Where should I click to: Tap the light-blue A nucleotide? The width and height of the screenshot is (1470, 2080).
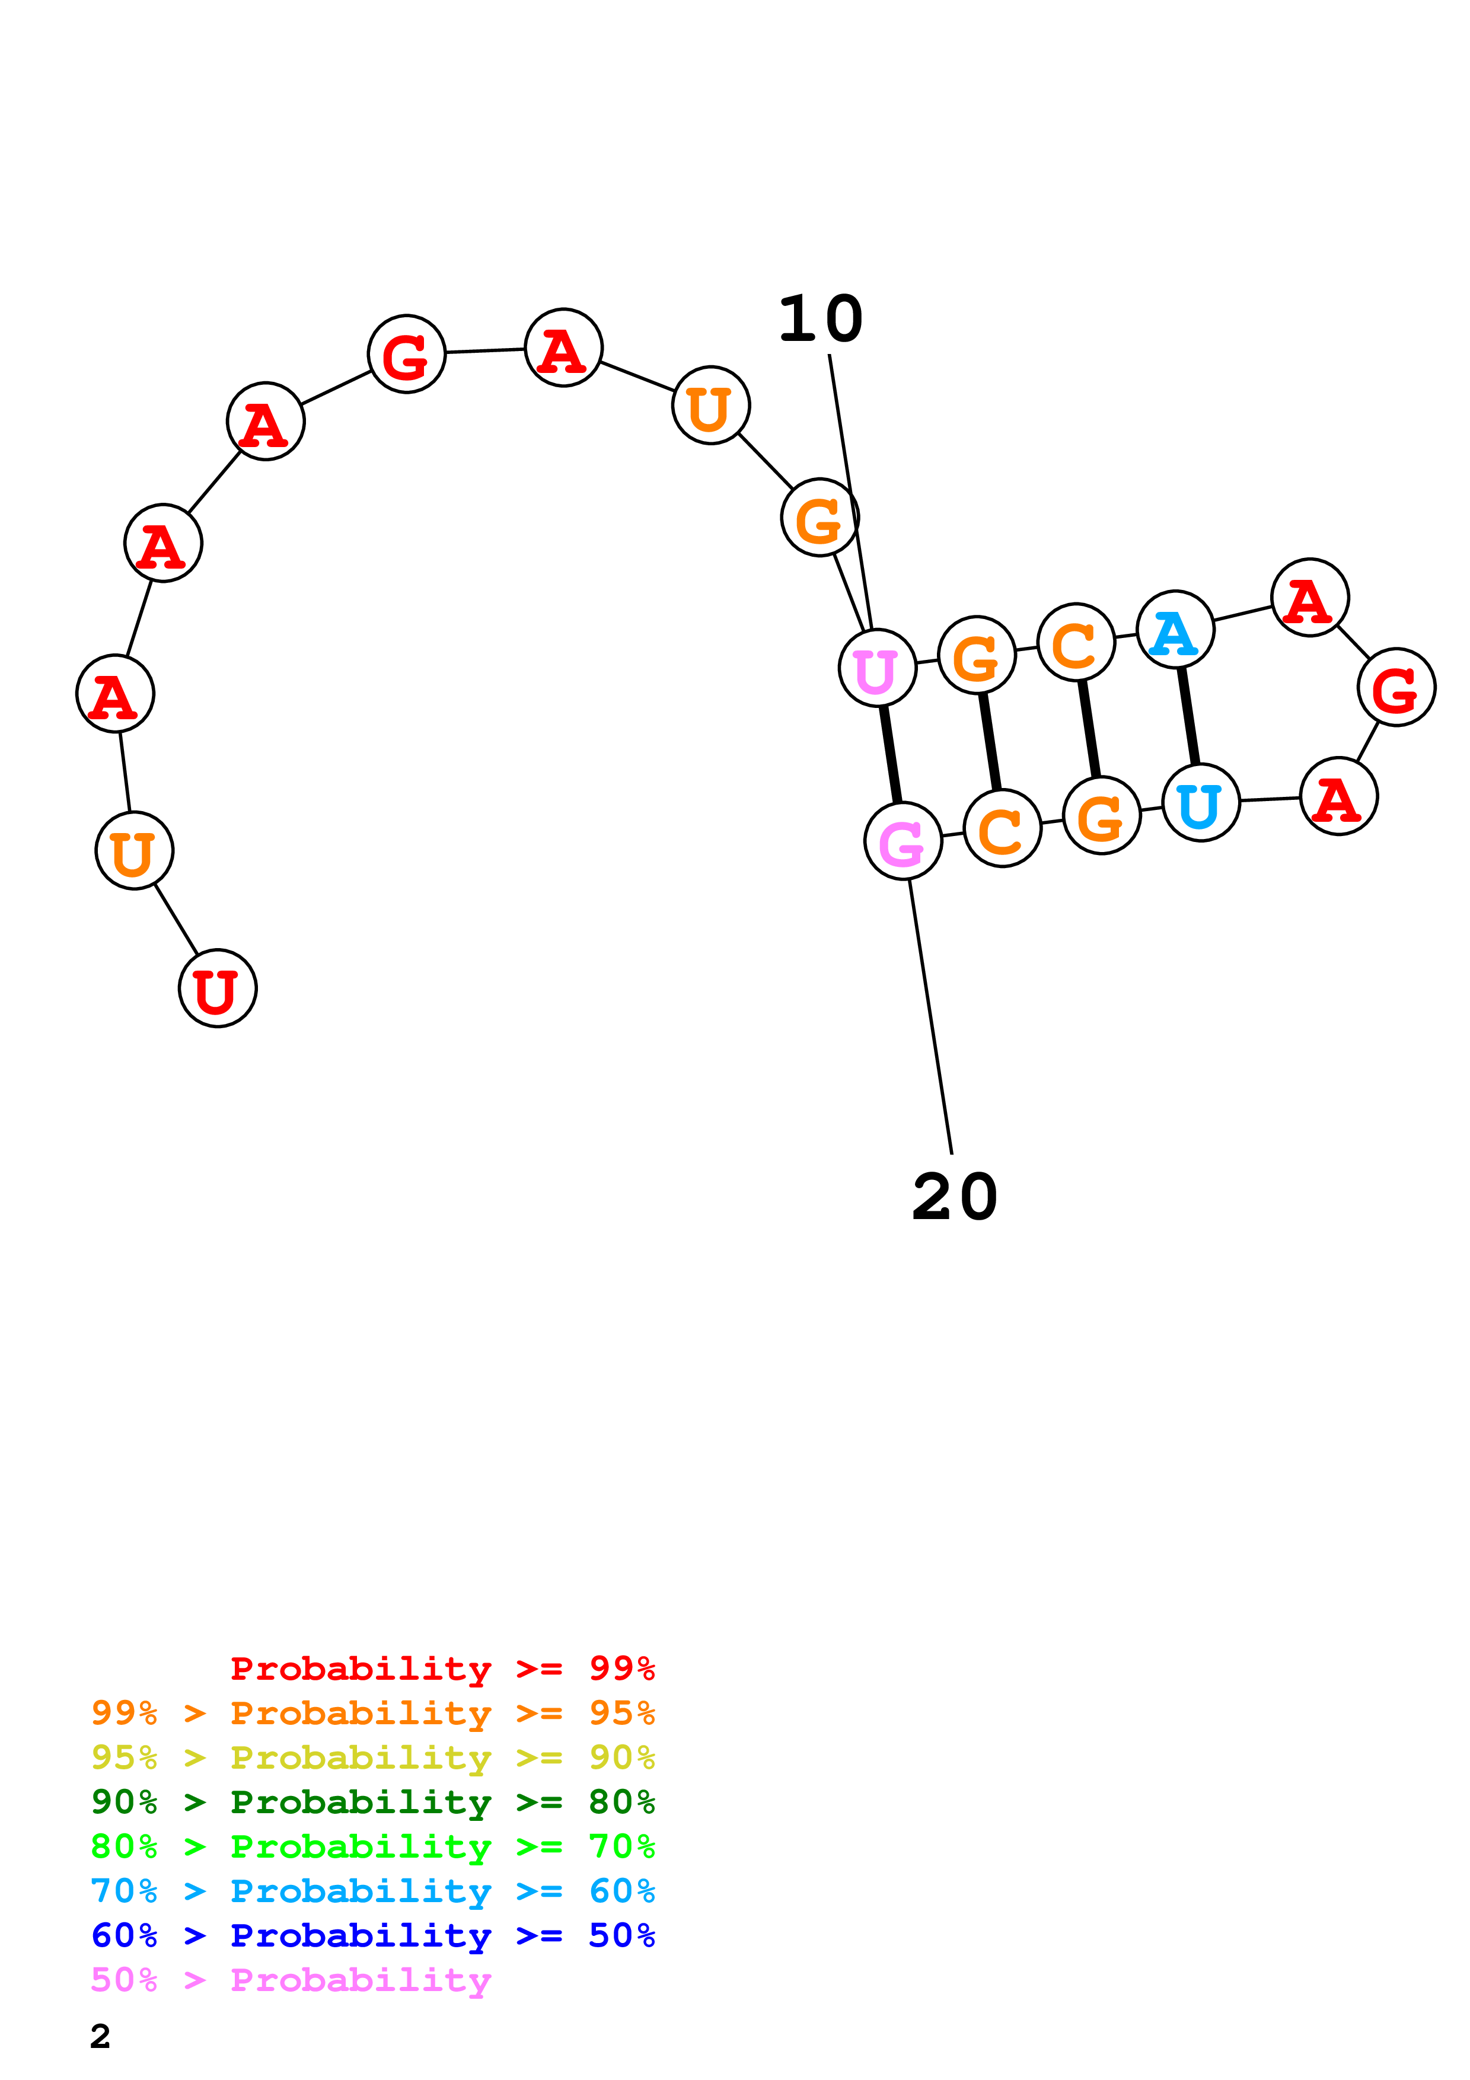[1175, 630]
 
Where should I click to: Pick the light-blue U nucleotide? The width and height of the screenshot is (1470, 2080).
[1200, 803]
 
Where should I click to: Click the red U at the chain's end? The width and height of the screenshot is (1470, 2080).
[218, 988]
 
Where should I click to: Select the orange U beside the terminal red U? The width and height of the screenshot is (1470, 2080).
[134, 851]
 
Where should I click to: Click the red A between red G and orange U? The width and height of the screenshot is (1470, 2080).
[563, 348]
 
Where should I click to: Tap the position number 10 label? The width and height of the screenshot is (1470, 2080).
[821, 319]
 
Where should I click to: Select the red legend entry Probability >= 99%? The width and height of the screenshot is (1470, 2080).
[442, 1668]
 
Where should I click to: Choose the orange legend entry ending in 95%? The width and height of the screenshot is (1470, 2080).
[372, 1713]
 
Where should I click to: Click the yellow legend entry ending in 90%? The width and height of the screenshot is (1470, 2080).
[372, 1757]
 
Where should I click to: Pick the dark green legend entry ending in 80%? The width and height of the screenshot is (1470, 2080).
[372, 1802]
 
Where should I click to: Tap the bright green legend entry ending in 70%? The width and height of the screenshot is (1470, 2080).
[372, 1846]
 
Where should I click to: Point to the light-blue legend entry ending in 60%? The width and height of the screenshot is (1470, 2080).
[372, 1891]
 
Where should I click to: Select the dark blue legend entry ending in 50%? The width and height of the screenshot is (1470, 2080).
[372, 1935]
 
